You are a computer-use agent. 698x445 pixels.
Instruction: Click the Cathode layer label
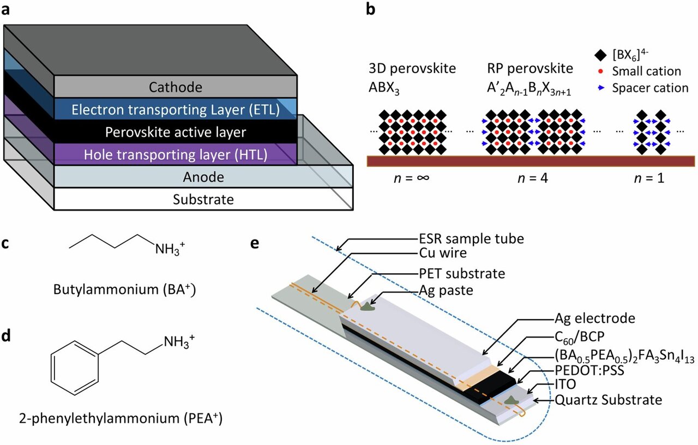pos(176,87)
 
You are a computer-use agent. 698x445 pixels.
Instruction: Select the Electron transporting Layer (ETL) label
pos(176,110)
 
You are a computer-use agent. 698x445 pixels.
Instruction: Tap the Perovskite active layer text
pos(176,132)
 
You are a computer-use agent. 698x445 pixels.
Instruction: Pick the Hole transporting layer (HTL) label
pos(176,155)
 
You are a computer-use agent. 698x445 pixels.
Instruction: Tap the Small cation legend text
pos(647,71)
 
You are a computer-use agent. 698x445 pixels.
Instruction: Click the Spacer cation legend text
pos(650,87)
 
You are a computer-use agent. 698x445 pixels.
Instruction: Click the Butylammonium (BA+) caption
pos(125,290)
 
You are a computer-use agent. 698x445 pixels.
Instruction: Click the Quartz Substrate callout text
pos(609,400)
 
